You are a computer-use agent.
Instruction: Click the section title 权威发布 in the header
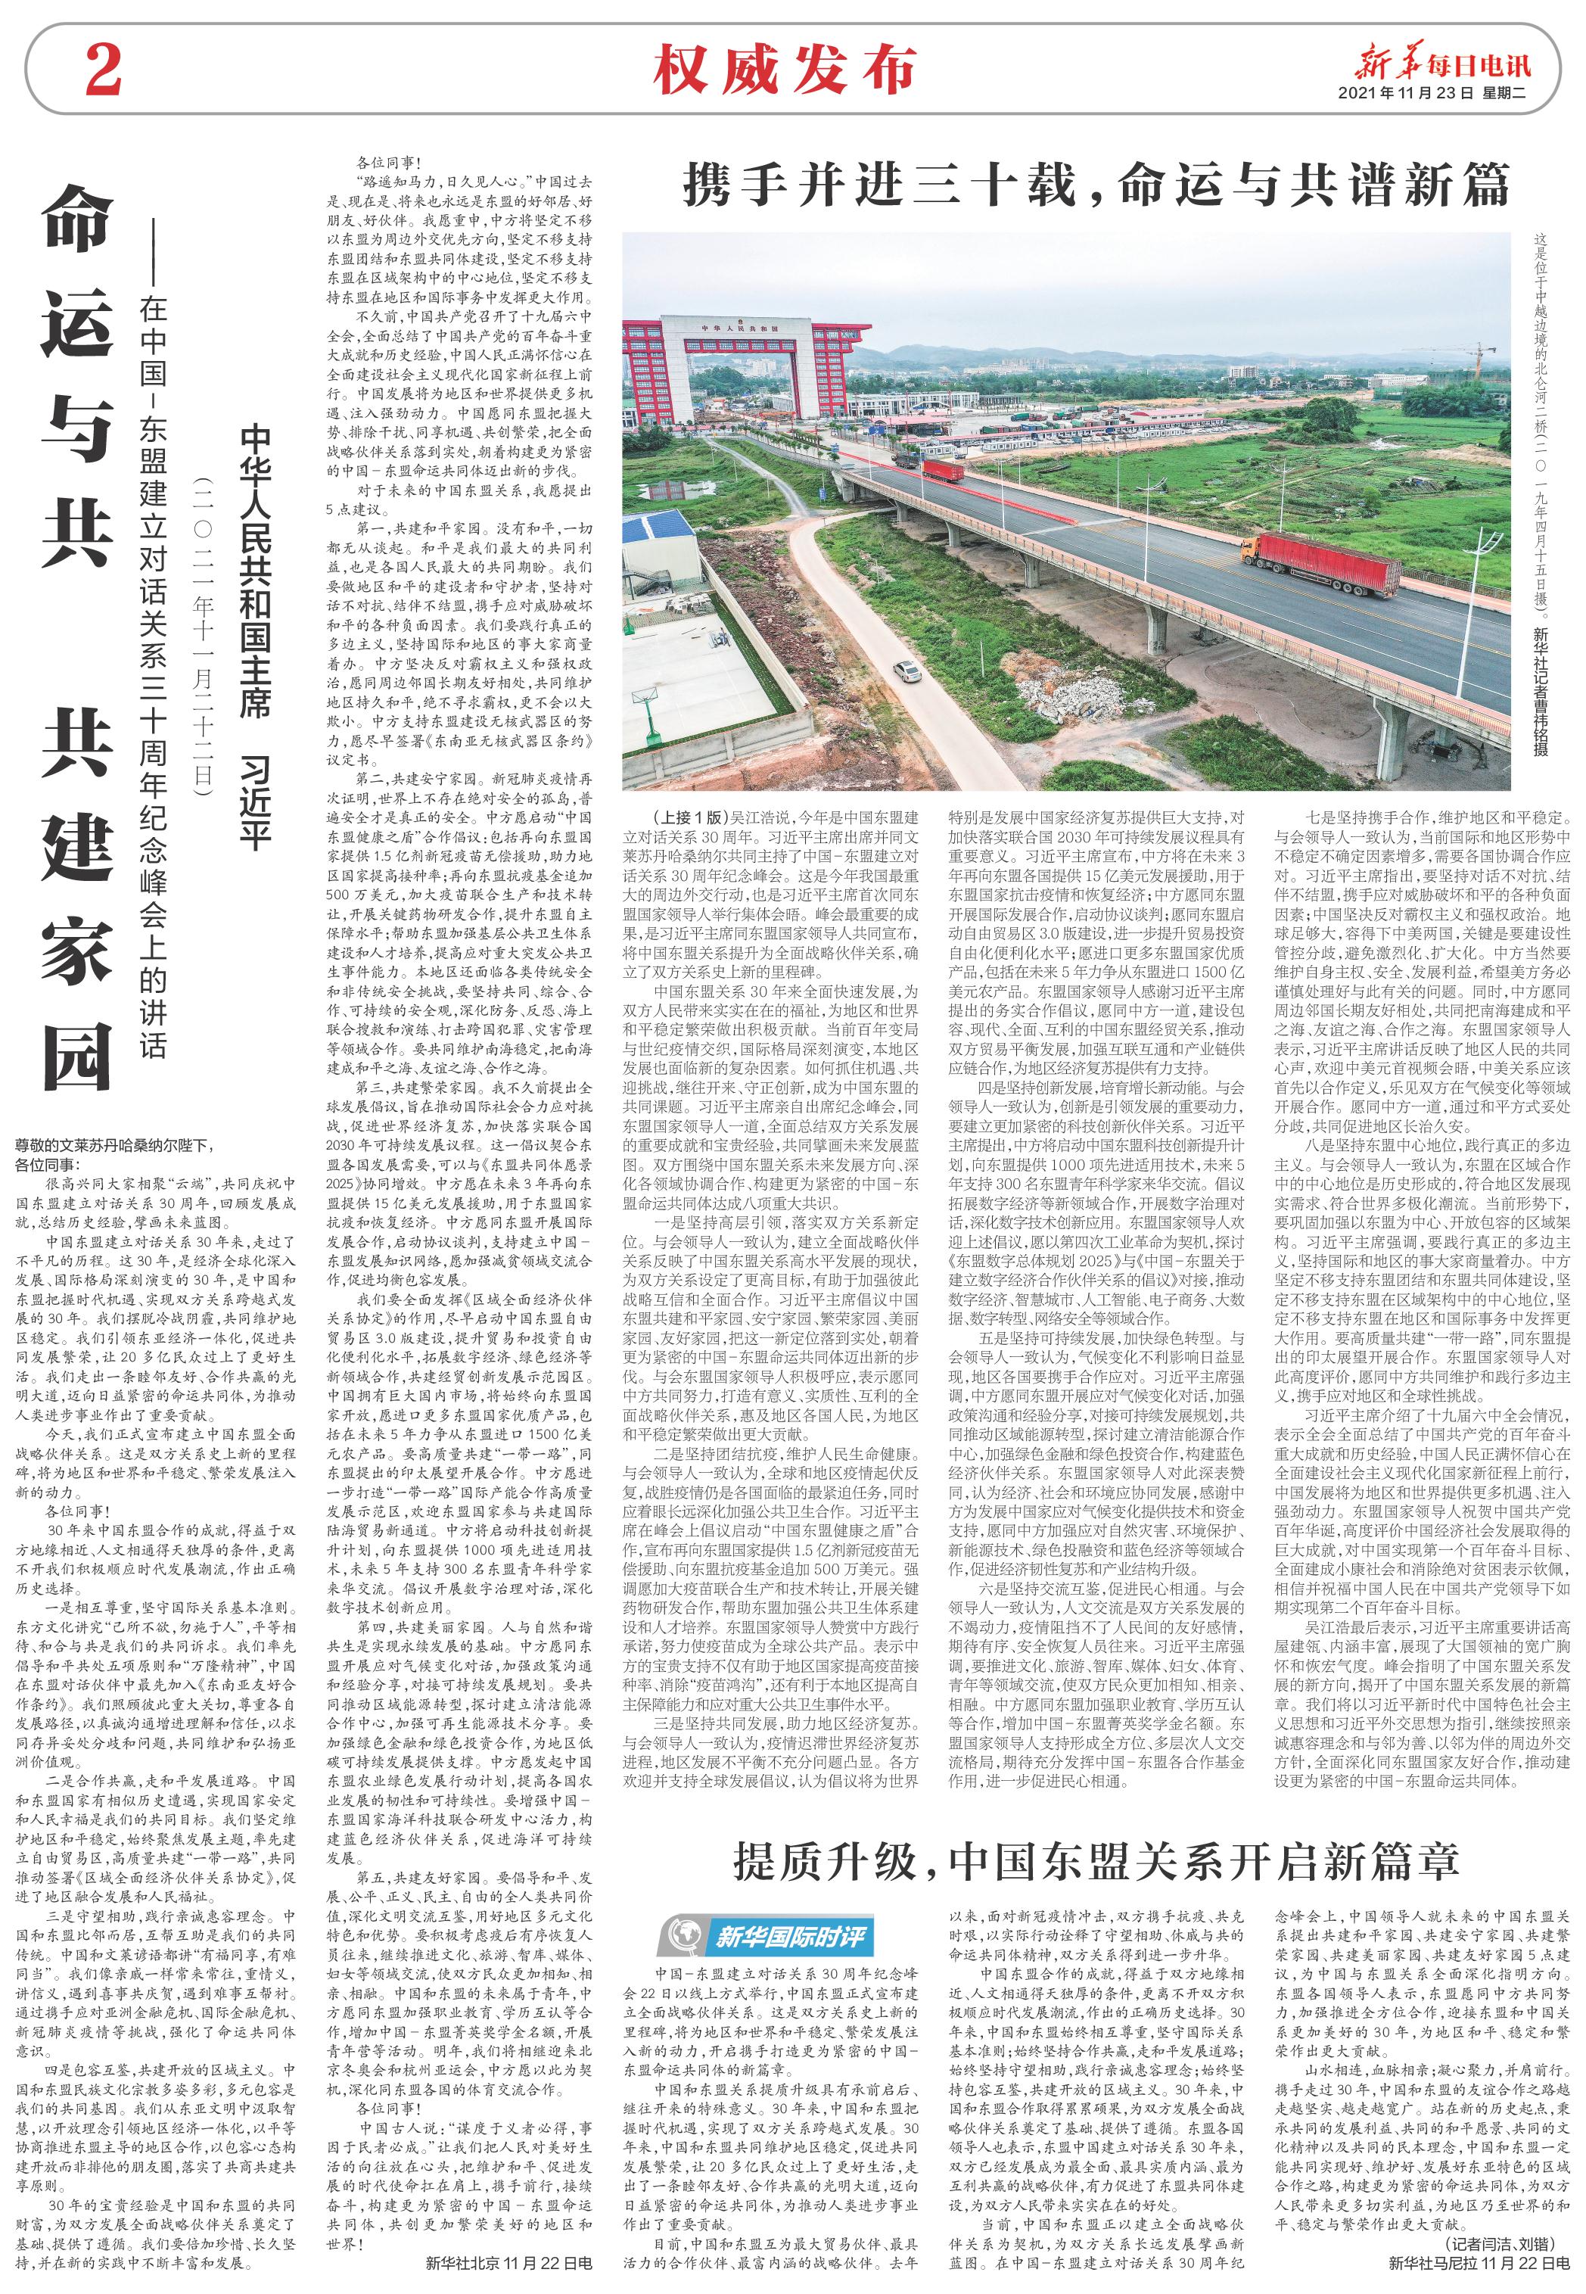point(784,70)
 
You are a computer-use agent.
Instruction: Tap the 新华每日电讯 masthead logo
point(1444,66)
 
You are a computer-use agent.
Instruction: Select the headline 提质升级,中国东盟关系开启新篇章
point(1095,1165)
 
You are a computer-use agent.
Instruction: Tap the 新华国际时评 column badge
point(765,1240)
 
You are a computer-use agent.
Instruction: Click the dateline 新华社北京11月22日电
point(508,2263)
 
